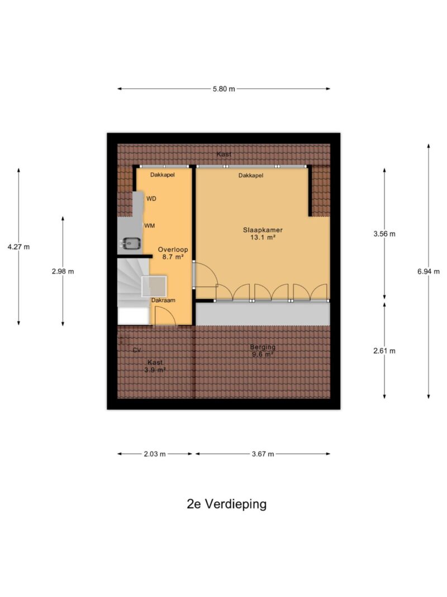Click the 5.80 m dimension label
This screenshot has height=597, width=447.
coord(224,89)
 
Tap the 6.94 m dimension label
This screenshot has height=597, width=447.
coord(429,272)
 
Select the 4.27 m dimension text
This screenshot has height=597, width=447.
coord(18,247)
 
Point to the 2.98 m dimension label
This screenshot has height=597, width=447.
coord(63,272)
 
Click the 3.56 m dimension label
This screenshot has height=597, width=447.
coord(384,234)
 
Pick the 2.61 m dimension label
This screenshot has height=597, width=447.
coord(384,351)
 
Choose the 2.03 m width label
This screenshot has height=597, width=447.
coord(155,454)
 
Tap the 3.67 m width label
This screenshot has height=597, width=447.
coord(263,454)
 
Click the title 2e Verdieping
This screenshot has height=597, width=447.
coord(226,504)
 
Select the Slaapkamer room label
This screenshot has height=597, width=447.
coord(263,230)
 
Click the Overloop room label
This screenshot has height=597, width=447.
coord(173,250)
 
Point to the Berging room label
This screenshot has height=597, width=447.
coord(263,347)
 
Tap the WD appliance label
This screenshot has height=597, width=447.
coord(151,199)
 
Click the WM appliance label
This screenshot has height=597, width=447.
coord(149,226)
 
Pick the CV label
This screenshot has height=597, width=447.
coord(137,350)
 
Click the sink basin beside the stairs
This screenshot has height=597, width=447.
coord(131,243)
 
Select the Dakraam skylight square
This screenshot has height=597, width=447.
coord(154,286)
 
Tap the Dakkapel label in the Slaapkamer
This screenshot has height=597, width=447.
coord(251,176)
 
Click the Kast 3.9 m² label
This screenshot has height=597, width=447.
coord(155,366)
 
